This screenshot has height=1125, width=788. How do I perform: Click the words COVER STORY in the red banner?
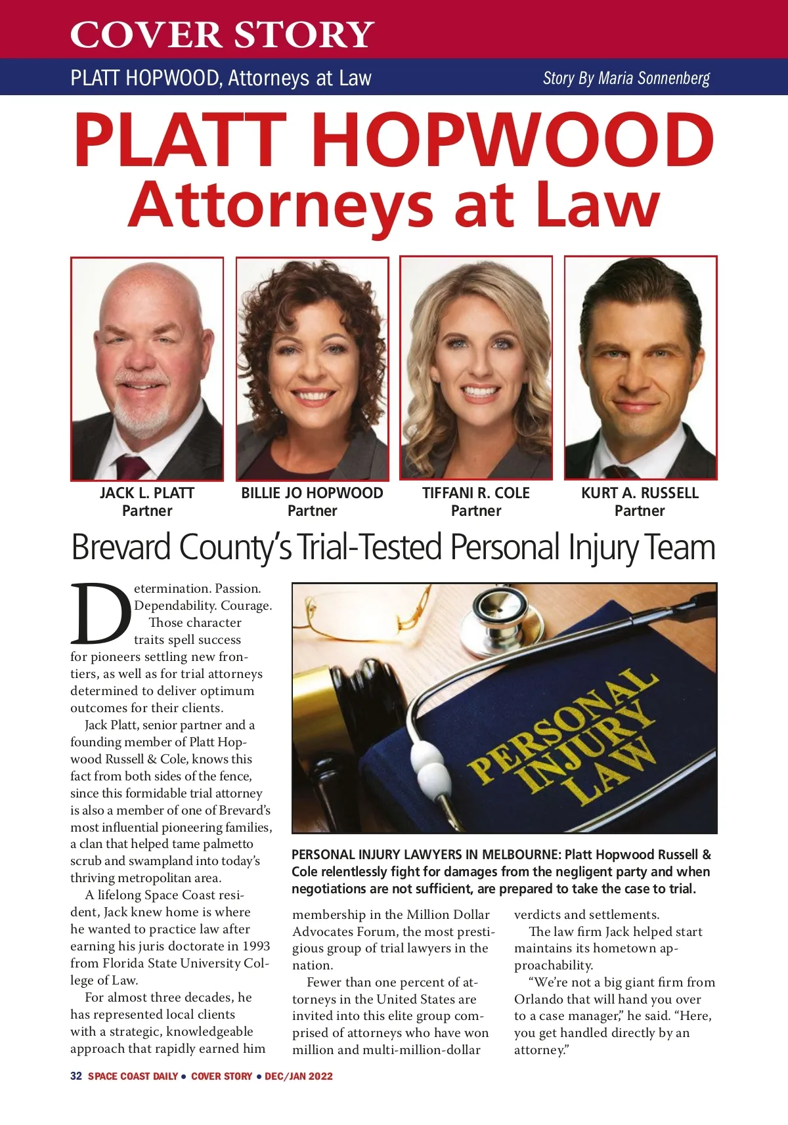tap(222, 34)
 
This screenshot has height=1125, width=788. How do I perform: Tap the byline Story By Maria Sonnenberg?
tap(626, 78)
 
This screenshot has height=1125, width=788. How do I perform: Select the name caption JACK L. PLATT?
tap(147, 493)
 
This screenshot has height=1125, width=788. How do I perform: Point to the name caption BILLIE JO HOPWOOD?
tap(312, 493)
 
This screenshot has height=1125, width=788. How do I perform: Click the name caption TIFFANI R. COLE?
tap(475, 493)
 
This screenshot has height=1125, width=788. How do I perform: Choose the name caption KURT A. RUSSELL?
tap(640, 493)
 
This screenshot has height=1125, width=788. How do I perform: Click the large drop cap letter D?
tap(100, 614)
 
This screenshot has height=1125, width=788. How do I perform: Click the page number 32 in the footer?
tap(76, 1076)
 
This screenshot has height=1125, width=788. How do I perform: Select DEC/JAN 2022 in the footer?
tap(299, 1076)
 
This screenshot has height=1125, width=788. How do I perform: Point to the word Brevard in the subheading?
tap(121, 547)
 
